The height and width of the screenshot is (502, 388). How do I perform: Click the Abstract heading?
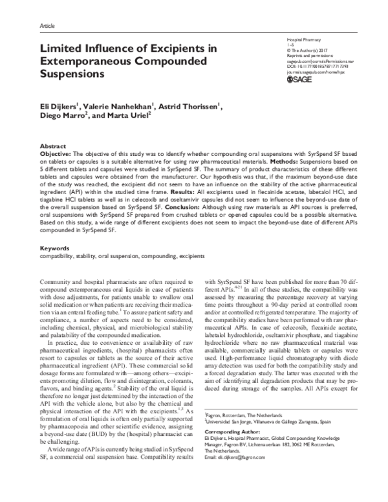click(53, 147)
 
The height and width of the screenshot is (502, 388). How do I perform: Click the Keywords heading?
click(54, 230)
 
